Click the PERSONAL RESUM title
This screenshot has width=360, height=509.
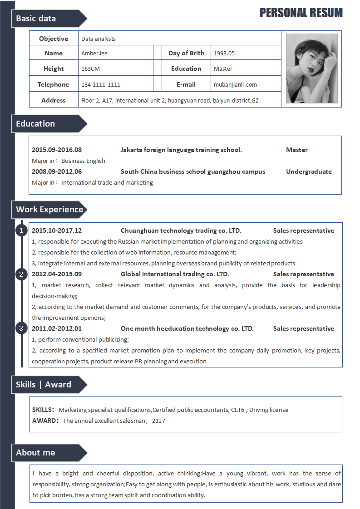point(301,13)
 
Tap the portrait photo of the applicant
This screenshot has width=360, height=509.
point(311,69)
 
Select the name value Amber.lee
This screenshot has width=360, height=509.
point(94,53)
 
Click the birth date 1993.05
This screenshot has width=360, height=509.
point(224,53)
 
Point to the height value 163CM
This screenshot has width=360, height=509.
point(90,69)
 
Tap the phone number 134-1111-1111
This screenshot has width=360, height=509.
point(101,84)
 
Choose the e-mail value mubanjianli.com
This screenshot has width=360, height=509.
point(235,84)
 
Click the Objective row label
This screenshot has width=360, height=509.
point(54,39)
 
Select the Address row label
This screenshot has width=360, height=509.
point(54,100)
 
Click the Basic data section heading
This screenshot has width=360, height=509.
point(36,19)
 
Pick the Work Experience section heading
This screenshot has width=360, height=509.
point(49,210)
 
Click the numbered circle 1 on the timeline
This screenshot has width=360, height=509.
point(21,230)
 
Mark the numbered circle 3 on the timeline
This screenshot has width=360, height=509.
point(21,328)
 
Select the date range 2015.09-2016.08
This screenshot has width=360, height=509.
point(57,150)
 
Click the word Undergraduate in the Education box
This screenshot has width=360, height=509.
point(309,171)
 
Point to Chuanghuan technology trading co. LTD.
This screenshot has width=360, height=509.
point(181,230)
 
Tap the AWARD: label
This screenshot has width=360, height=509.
point(46,421)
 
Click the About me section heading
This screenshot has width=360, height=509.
point(35,453)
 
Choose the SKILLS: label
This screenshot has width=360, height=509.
point(44,410)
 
